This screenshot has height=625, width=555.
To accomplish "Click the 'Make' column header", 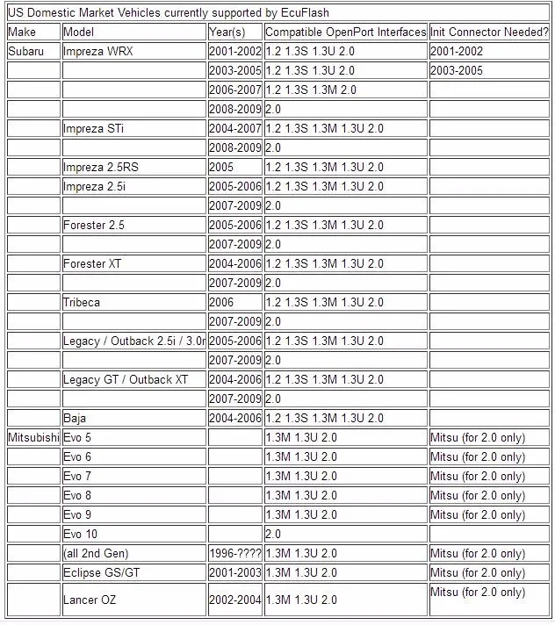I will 22,32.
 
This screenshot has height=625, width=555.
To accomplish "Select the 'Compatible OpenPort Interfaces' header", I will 345,32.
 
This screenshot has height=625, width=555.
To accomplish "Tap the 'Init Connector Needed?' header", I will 489,32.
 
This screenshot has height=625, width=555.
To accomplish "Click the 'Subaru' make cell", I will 25,51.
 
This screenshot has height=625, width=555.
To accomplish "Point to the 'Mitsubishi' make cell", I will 34,437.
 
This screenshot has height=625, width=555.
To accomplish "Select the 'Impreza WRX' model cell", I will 98,51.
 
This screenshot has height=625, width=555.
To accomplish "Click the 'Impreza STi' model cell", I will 93,128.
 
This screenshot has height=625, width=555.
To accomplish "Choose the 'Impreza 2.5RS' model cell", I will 100,167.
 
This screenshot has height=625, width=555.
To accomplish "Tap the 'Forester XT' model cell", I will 92,263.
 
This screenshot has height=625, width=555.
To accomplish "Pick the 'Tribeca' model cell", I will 82,302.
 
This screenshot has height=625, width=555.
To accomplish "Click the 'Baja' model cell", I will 75,418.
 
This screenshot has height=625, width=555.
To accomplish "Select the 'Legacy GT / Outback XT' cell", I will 126,379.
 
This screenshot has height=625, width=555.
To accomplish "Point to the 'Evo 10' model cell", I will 81,534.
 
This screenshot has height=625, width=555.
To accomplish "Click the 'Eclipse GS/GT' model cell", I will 101,572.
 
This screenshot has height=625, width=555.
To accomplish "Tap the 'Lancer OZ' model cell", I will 90,600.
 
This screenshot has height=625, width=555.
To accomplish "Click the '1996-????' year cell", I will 235,553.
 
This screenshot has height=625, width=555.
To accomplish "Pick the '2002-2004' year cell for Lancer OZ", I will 235,600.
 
